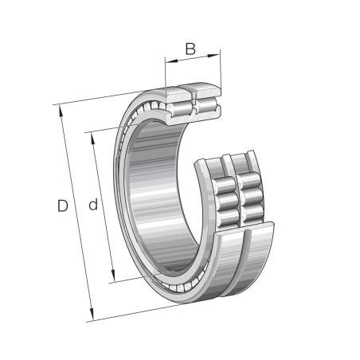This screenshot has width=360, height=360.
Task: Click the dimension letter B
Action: coord(190,49)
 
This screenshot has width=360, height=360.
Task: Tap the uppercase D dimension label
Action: coord(63,207)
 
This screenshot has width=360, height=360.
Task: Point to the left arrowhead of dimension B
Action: coord(169,58)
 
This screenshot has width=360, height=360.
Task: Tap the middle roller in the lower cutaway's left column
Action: coord(225,194)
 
